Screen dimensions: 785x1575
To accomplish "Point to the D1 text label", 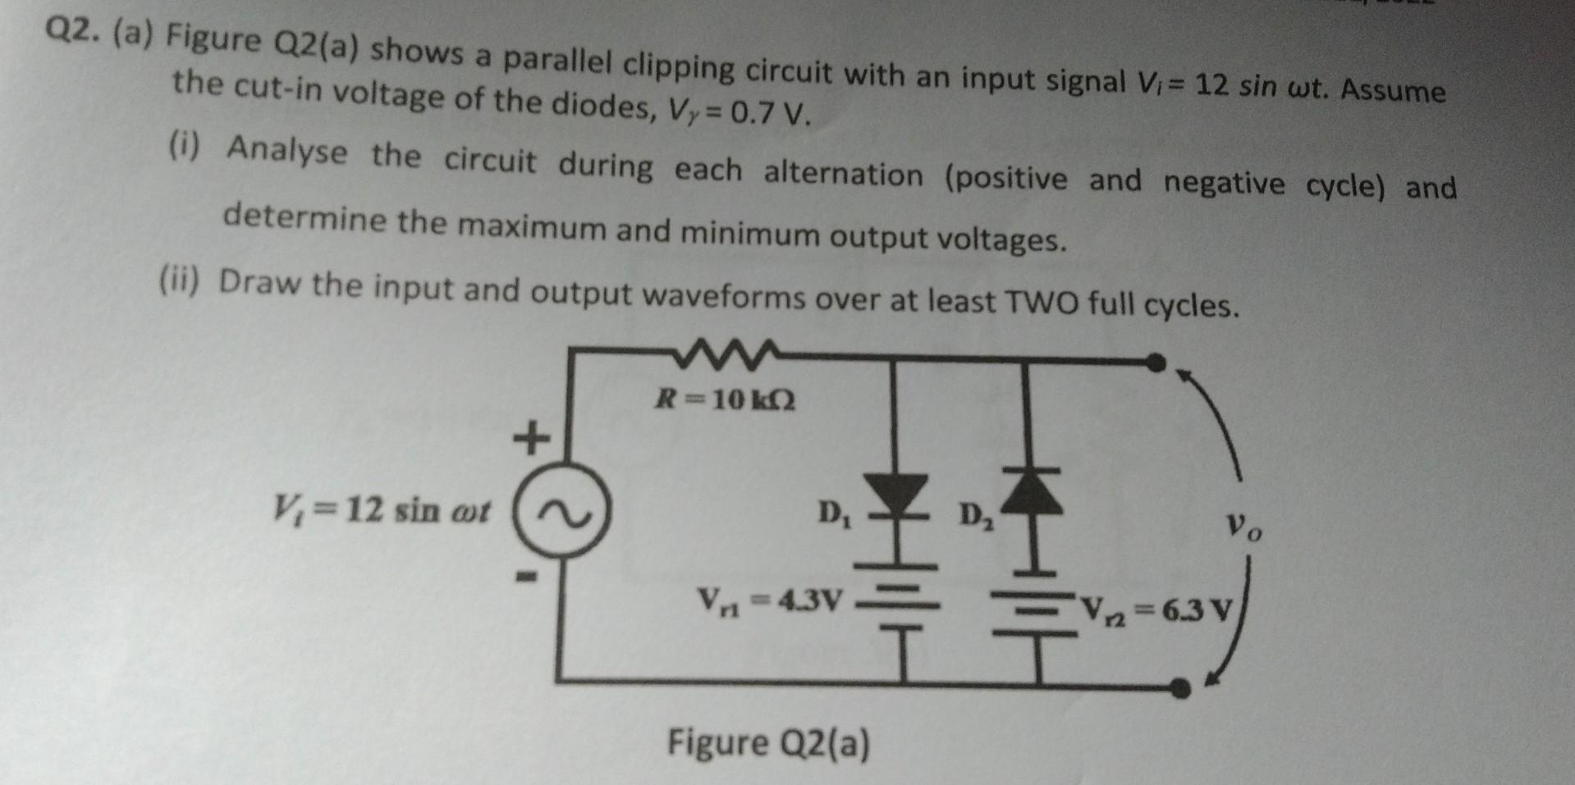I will point(834,514).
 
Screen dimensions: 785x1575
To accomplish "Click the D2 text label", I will point(975,518).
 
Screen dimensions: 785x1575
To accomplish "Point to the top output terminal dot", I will point(1155,361).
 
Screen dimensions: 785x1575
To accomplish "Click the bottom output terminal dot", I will point(1180,687).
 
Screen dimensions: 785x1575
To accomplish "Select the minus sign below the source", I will point(530,579).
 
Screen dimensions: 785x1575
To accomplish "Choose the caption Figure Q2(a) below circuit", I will point(768,744).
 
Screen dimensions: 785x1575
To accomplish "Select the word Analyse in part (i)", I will point(287,151).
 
